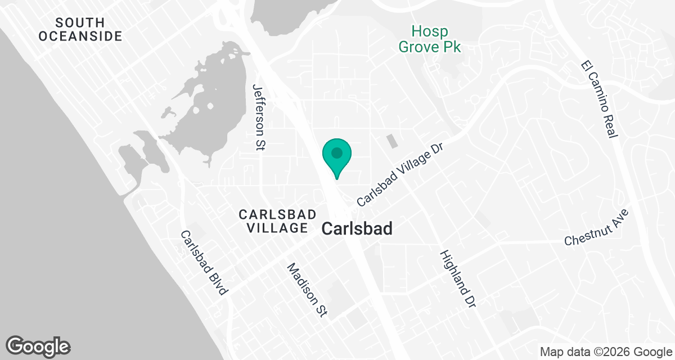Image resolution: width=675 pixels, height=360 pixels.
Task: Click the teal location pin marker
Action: [336, 157]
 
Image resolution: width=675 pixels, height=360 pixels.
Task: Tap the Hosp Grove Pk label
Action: [430, 39]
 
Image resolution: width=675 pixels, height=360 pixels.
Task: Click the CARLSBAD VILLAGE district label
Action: [273, 221]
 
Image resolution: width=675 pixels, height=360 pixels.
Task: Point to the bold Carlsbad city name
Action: [357, 229]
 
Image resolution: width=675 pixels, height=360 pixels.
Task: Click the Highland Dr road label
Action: [458, 278]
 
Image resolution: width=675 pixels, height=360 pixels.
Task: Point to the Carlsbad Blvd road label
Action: [204, 263]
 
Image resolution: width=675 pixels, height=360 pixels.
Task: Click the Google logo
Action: [38, 345]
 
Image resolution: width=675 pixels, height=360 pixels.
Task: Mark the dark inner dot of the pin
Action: [336, 152]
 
